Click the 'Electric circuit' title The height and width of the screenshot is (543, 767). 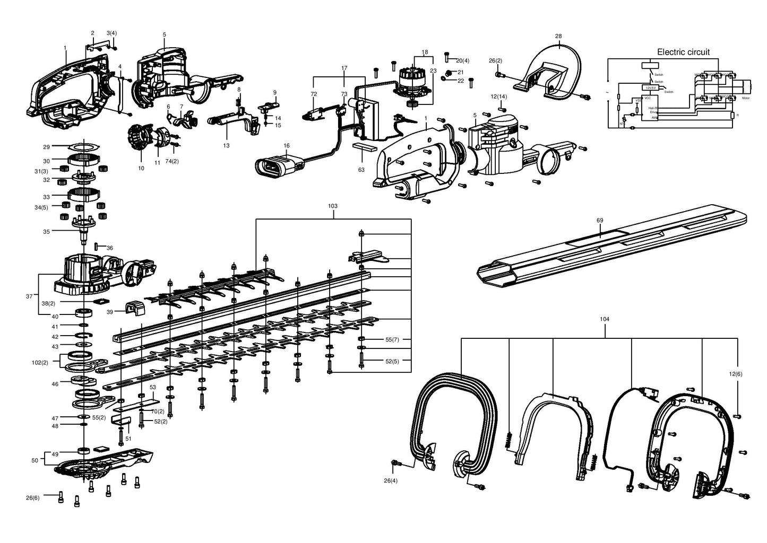[x=683, y=52]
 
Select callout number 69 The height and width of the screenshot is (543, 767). [x=600, y=220]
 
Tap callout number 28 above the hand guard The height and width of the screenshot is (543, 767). [x=558, y=36]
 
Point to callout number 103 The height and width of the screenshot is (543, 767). [x=333, y=206]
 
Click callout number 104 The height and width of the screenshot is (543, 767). [x=604, y=319]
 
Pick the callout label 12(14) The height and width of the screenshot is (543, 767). [x=499, y=96]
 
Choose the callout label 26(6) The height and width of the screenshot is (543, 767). [x=32, y=497]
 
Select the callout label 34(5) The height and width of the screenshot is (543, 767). [x=41, y=207]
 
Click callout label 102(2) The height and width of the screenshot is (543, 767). [x=40, y=363]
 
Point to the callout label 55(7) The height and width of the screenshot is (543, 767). [x=392, y=339]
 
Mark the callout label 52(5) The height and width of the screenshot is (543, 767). [x=392, y=361]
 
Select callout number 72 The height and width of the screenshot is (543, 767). [x=314, y=94]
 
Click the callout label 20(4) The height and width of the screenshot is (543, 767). [x=462, y=60]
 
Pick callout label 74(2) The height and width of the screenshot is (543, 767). [x=171, y=161]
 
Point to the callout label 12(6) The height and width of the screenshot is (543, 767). [x=735, y=374]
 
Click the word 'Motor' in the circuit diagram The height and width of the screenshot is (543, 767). [x=746, y=99]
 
